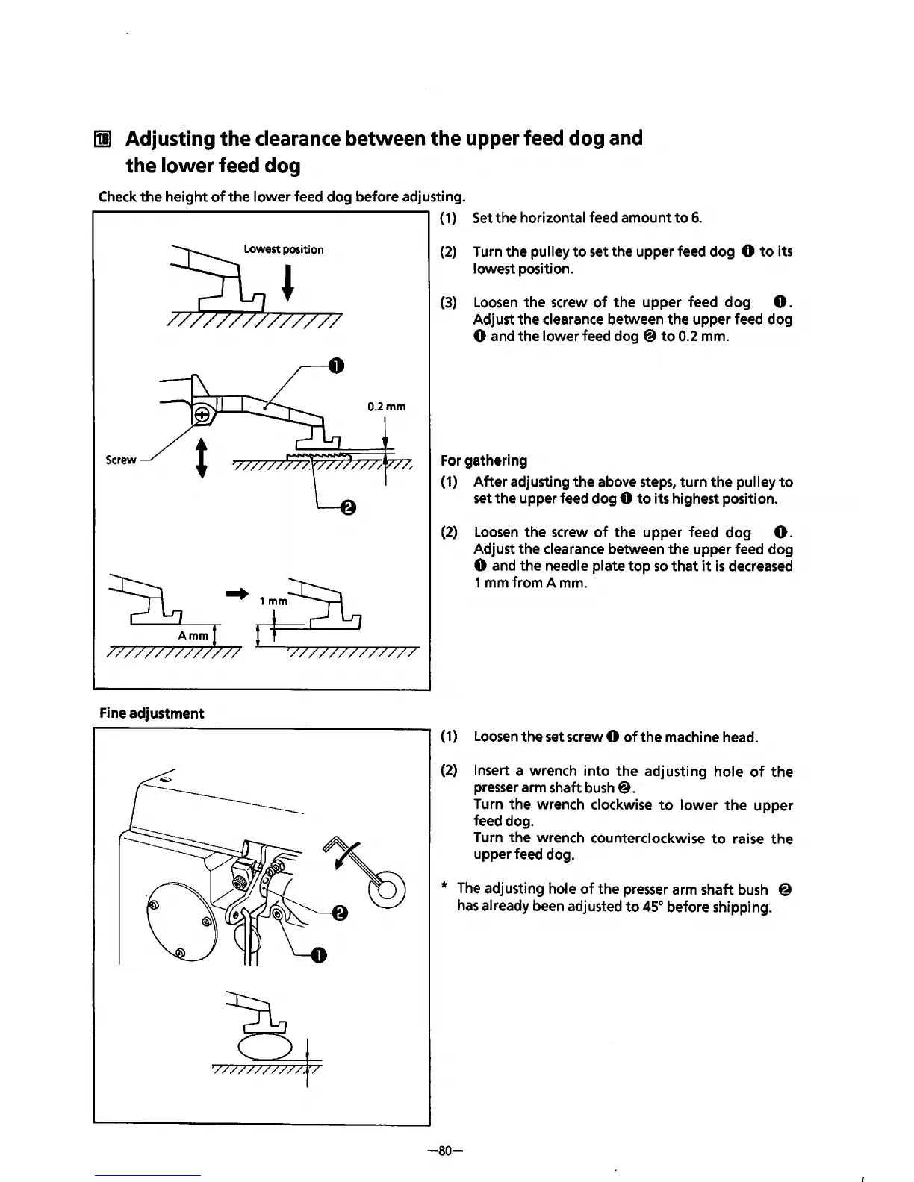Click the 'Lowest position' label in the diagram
point(284,249)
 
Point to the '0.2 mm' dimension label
point(386,407)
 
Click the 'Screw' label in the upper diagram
point(121,460)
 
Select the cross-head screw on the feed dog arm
point(202,416)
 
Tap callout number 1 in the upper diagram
point(336,365)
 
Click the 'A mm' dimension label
point(193,636)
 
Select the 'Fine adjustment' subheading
point(152,713)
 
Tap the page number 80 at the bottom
point(446,1151)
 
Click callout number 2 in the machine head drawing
point(339,913)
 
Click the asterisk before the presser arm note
point(444,888)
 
